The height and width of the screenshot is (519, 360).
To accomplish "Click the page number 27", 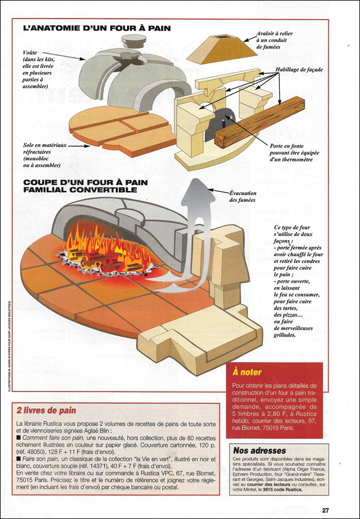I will click(325, 510).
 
